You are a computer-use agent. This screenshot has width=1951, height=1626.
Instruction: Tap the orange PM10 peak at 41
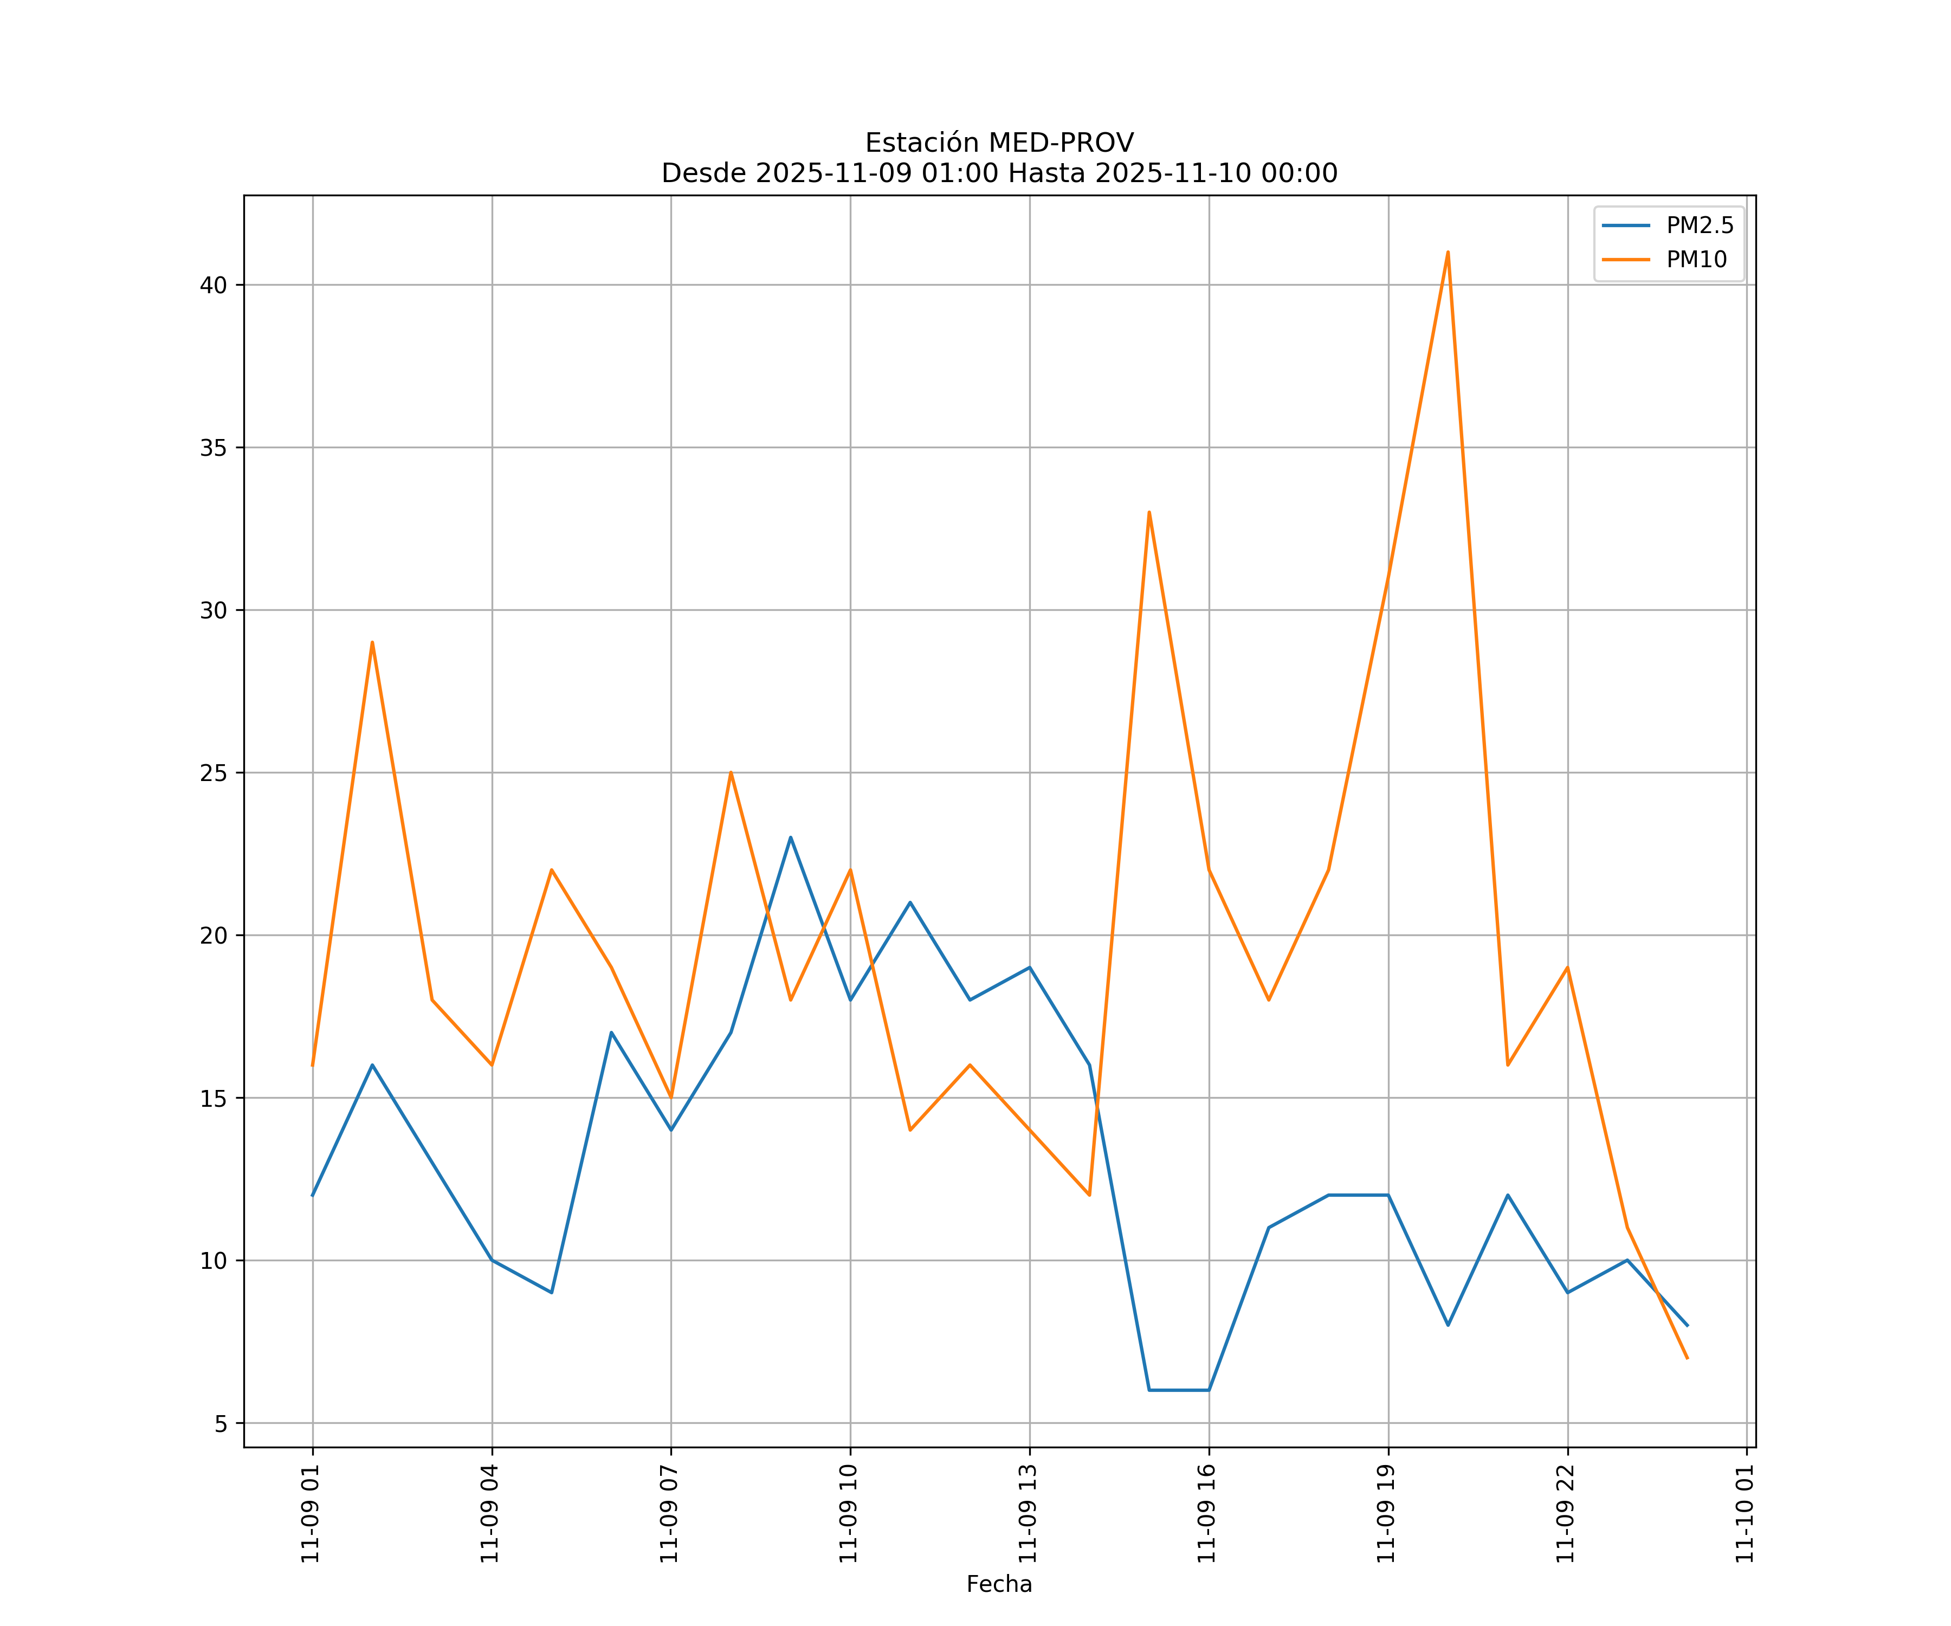[x=1448, y=253]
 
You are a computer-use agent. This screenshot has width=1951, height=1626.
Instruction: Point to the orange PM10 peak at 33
[x=1149, y=512]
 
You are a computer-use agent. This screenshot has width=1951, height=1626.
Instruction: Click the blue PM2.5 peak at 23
[x=791, y=837]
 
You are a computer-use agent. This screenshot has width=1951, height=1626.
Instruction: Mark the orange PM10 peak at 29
[x=372, y=642]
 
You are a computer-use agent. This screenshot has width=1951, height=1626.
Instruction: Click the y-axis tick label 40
[x=213, y=285]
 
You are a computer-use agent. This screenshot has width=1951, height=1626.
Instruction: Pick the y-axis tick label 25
[x=213, y=773]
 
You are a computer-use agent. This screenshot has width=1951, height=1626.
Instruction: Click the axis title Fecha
[x=999, y=1584]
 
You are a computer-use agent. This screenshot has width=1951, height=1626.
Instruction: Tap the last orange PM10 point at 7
[x=1686, y=1358]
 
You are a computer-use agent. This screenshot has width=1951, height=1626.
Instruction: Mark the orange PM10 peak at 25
[x=731, y=772]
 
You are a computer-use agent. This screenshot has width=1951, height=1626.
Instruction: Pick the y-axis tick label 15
[x=213, y=1098]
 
